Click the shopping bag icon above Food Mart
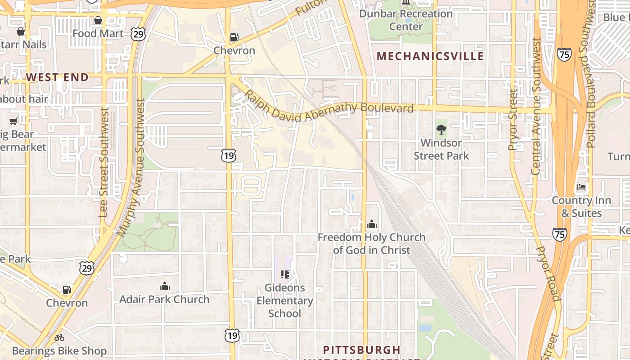98,20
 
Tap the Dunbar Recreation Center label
406,20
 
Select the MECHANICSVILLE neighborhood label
430,56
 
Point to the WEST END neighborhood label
57,77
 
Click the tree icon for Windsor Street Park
441,130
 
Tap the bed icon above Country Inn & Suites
581,187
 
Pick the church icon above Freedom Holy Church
372,224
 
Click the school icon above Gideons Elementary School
284,274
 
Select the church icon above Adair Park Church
164,286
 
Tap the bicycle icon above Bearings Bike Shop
59,337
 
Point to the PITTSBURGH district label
362,350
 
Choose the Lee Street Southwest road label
104,162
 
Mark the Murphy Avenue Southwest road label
131,167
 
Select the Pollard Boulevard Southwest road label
588,74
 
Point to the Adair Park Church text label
164,299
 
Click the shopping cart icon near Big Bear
13,121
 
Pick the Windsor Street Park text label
441,149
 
